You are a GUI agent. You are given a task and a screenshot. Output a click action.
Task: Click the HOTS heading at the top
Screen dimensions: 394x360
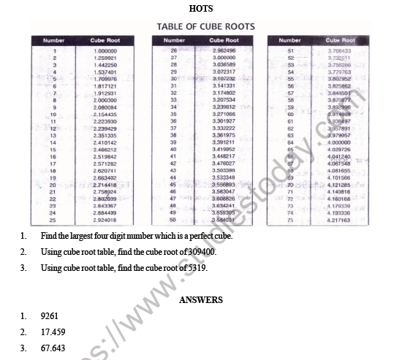[197, 9]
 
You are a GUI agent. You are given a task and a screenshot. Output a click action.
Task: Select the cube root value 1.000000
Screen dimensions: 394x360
[105, 51]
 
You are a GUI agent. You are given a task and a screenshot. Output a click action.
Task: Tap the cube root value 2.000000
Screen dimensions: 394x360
[105, 100]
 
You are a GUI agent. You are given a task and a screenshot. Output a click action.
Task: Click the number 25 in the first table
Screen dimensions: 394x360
[53, 220]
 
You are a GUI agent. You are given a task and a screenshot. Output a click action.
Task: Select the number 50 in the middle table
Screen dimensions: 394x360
[173, 220]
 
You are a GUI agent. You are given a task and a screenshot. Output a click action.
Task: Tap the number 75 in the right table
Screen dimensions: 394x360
[290, 220]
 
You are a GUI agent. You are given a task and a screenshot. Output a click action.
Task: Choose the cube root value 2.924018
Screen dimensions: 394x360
[105, 220]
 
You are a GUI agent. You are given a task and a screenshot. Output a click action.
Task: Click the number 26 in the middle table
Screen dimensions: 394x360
[173, 51]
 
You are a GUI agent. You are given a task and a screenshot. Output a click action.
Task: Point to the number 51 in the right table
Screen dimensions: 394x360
[290, 51]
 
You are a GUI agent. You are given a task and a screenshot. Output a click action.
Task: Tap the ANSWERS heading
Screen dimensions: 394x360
[200, 300]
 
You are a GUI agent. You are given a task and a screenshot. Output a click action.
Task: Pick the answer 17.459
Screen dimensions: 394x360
[53, 332]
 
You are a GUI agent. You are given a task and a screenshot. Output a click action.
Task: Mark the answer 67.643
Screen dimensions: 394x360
[53, 348]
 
